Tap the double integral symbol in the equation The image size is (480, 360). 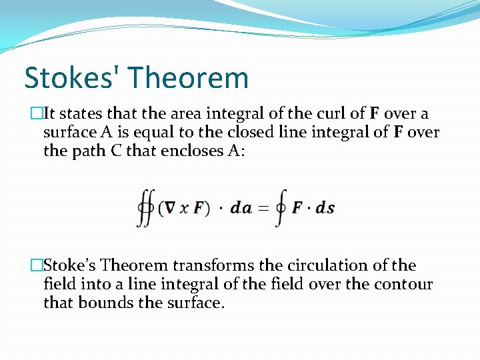click(145, 207)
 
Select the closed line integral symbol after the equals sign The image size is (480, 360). click(280, 207)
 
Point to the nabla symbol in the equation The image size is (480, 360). click(171, 208)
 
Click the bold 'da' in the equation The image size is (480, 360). click(241, 208)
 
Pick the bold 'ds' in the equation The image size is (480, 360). click(325, 208)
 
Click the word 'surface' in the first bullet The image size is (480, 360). click(69, 132)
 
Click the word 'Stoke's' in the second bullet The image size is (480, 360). click(70, 265)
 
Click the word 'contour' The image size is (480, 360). click(407, 284)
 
